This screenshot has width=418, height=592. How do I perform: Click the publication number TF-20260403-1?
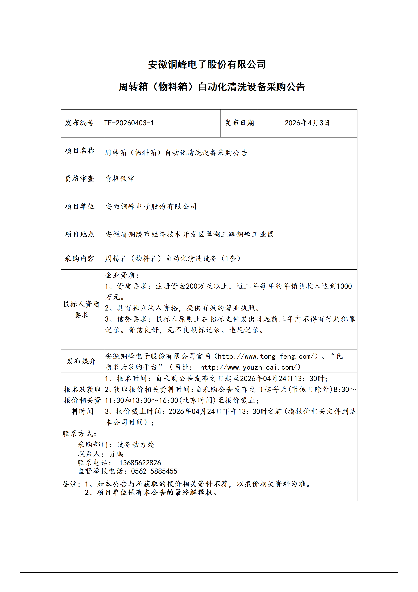point(129,123)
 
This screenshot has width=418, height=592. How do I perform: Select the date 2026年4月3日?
point(307,123)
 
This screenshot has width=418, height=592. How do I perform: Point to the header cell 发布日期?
point(239,123)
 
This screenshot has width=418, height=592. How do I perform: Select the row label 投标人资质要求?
point(81,309)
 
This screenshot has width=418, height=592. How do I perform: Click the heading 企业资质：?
point(122,275)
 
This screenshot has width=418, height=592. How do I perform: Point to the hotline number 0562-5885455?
point(154,471)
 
